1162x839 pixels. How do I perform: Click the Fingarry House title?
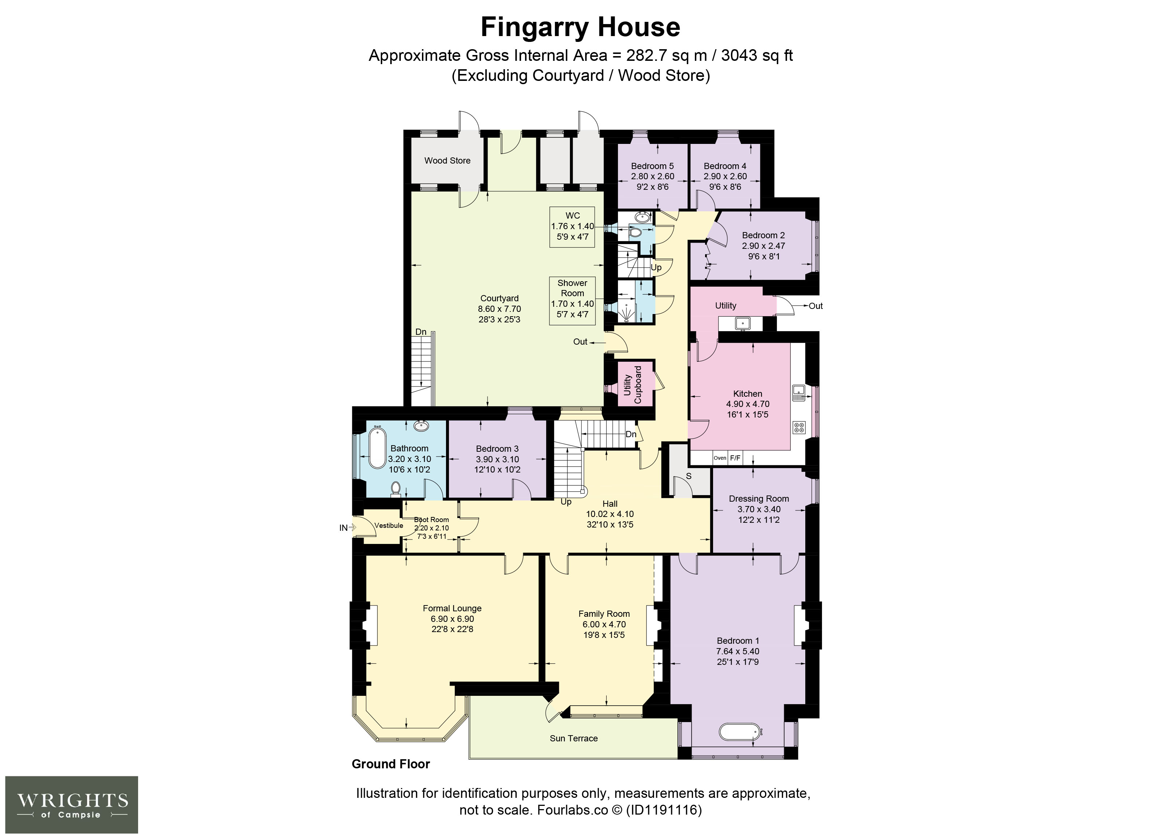[580, 27]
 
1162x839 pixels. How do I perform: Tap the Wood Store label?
[447, 160]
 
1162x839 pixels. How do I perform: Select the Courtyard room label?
[500, 298]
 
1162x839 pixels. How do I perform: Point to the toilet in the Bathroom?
[395, 489]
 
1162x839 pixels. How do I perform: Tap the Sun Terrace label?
[574, 738]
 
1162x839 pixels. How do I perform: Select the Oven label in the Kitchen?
[720, 458]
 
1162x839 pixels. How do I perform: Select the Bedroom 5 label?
[652, 166]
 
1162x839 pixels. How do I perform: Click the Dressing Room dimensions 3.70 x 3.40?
[759, 509]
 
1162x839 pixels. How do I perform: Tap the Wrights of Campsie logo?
[72, 804]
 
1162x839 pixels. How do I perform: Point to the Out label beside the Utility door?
[815, 306]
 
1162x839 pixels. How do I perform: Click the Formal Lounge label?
[452, 608]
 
